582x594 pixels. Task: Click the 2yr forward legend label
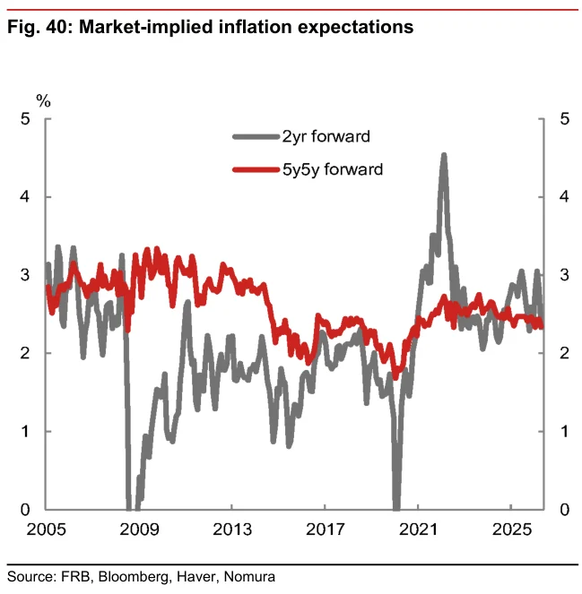[326, 137]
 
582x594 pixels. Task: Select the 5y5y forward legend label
[333, 169]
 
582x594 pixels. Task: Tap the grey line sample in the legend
[256, 137]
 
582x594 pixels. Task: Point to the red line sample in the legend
[256, 169]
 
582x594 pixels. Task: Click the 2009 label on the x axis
[139, 529]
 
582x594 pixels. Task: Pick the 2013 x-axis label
[232, 529]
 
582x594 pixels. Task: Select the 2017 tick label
[326, 529]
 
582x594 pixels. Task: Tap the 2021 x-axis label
[418, 529]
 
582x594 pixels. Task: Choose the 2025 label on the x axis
[511, 529]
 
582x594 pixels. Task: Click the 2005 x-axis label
[46, 529]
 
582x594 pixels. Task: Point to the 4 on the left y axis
[25, 196]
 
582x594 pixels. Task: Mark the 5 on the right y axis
[565, 119]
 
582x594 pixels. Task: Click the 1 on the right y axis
[565, 431]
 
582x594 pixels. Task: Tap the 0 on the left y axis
[25, 510]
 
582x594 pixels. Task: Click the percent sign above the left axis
[43, 101]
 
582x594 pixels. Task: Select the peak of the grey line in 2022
[444, 155]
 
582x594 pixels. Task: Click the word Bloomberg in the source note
[133, 577]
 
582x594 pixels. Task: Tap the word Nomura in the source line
[249, 577]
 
